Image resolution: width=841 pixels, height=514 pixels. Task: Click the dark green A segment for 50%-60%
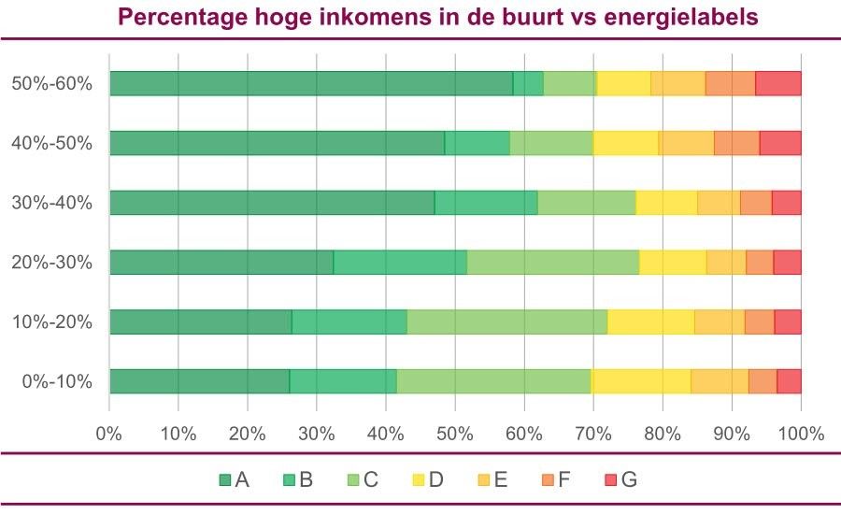click(x=311, y=83)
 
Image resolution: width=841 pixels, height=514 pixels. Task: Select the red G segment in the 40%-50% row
click(x=780, y=143)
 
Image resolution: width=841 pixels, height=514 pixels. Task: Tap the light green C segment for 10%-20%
click(x=507, y=321)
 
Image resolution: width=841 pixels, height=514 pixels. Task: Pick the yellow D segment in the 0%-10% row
click(x=641, y=381)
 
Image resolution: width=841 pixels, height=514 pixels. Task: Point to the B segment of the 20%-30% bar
click(x=400, y=262)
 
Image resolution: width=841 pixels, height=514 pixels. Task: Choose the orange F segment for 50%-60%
click(x=730, y=83)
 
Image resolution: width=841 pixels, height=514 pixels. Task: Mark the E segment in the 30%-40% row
click(x=719, y=203)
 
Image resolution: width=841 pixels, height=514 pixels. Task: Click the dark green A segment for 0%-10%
click(x=199, y=381)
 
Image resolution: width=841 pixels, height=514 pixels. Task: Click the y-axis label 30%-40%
click(x=51, y=203)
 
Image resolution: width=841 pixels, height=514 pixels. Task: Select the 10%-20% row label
click(x=51, y=321)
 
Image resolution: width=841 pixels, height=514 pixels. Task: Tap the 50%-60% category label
click(x=51, y=83)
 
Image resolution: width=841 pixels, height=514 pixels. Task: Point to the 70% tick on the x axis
click(x=592, y=434)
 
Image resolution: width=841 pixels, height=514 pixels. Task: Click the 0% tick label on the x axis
click(x=109, y=434)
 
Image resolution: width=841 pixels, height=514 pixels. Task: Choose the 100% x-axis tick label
click(x=801, y=434)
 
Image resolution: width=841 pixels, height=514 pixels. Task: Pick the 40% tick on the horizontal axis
click(x=385, y=434)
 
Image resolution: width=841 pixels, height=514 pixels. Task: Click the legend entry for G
click(x=620, y=480)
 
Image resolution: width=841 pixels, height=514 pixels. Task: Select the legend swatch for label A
click(x=225, y=480)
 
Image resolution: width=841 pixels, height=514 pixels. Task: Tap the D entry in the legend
click(x=428, y=480)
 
